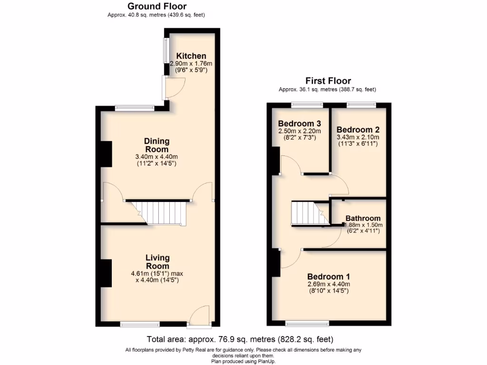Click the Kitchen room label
191,56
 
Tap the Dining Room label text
157,145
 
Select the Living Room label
157,262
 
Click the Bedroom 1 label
329,277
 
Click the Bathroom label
363,218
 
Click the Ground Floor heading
157,6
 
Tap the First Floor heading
328,81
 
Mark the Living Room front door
199,317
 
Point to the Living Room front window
140,325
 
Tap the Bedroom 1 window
307,325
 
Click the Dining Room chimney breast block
106,154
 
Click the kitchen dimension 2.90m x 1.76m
191,64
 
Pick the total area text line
240,339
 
